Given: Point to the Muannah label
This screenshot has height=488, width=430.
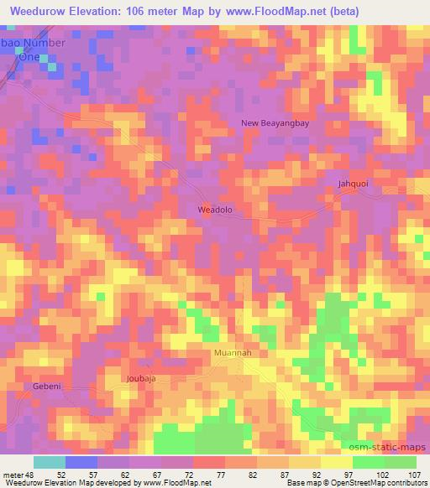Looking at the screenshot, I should pyautogui.click(x=233, y=353).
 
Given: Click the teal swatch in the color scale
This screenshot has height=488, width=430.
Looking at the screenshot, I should pyautogui.click(x=50, y=462).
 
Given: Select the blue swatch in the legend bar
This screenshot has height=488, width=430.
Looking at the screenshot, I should pyautogui.click(x=81, y=462).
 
